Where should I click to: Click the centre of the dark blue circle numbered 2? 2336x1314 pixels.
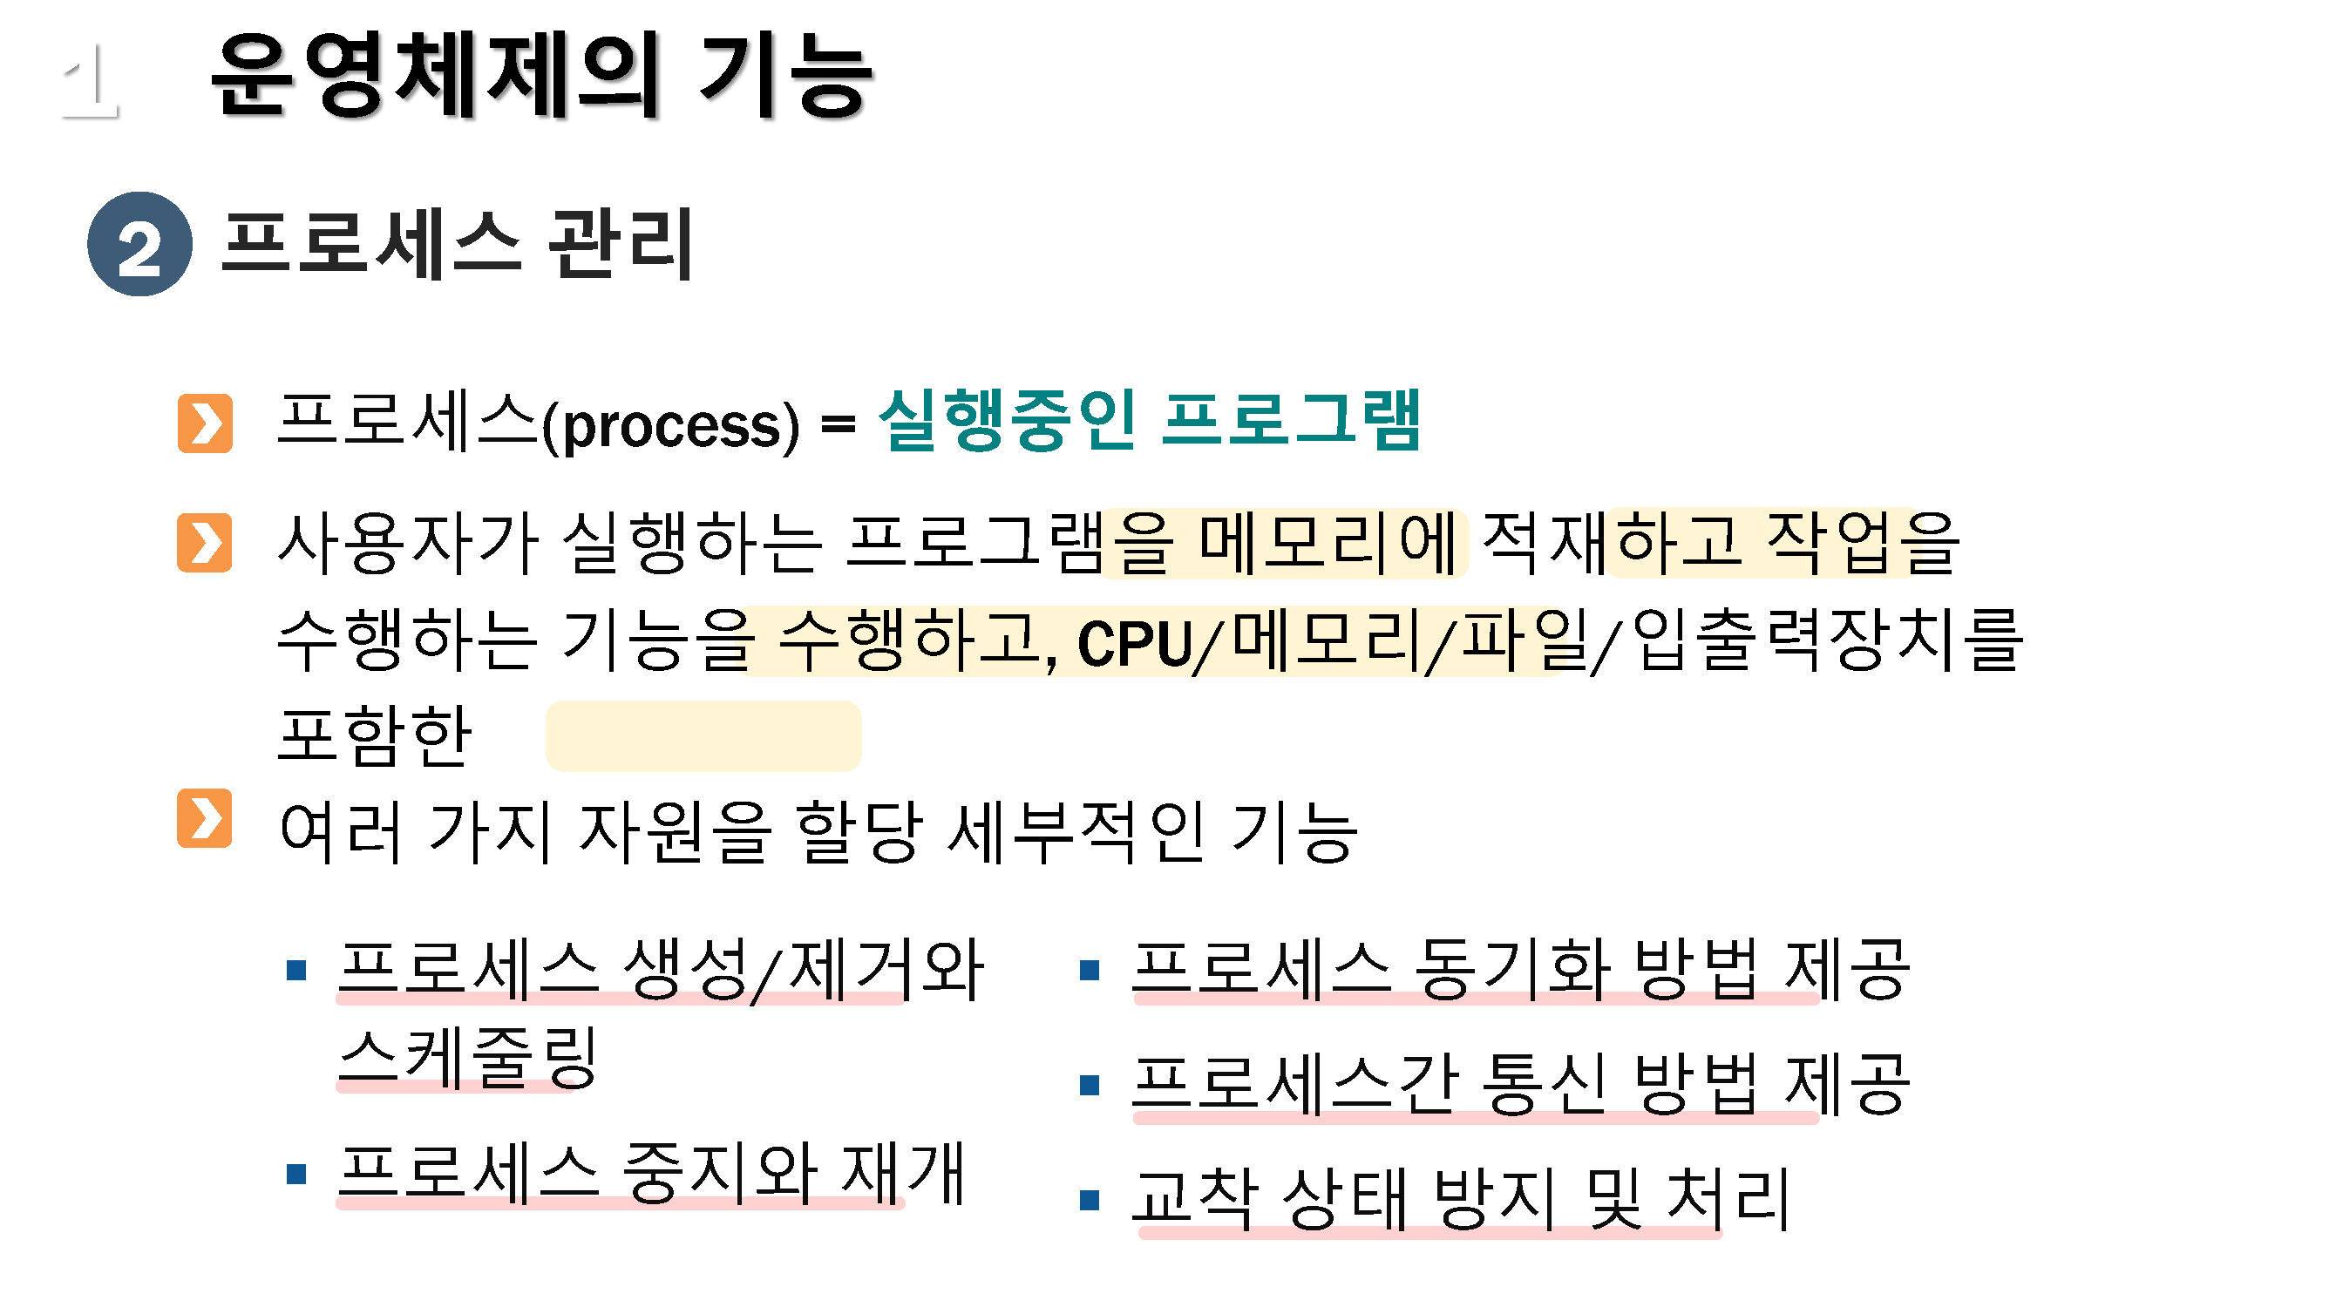tap(139, 244)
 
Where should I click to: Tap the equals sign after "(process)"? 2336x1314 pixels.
tap(838, 423)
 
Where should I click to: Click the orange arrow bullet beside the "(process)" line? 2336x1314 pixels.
tap(205, 423)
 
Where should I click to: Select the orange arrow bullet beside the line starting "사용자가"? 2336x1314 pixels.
tap(204, 542)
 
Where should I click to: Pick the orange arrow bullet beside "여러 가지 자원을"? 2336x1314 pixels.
tap(204, 818)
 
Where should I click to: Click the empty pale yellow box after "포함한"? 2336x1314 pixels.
tap(703, 735)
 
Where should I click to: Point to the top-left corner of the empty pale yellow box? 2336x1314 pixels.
tap(547, 702)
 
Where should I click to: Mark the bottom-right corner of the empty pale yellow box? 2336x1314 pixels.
tap(859, 770)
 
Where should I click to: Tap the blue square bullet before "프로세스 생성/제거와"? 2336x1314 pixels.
tap(295, 971)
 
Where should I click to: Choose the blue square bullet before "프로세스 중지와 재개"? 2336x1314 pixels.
tap(295, 1175)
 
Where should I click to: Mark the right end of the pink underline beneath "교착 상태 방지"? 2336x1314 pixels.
tap(1721, 1232)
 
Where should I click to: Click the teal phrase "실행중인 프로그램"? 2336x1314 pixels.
tap(1149, 420)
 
